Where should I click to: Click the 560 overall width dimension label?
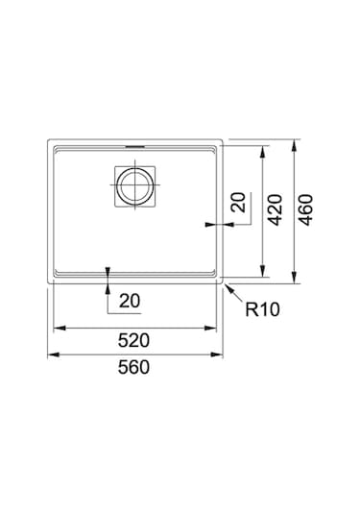[x=133, y=367]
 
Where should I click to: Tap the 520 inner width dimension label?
[x=133, y=340]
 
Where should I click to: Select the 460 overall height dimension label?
[x=306, y=209]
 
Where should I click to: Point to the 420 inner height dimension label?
[x=276, y=209]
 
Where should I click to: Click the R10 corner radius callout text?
[x=263, y=309]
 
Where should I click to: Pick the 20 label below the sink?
[x=130, y=301]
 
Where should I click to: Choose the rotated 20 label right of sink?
[x=238, y=203]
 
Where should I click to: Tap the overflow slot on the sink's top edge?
[x=135, y=147]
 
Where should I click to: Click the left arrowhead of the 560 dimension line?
[x=54, y=355]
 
